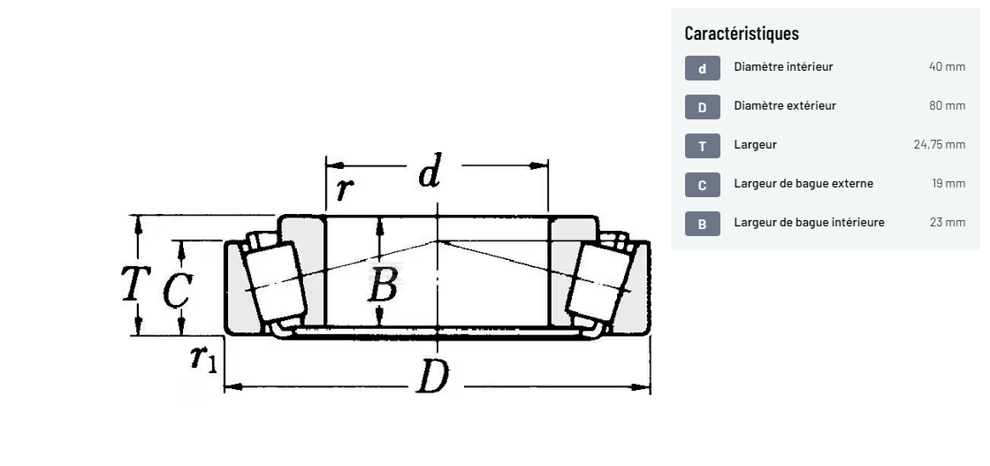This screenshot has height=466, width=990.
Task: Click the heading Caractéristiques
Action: coord(742,33)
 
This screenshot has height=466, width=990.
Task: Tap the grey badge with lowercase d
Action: coord(702,68)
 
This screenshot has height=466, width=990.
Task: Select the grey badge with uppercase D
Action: coord(702,107)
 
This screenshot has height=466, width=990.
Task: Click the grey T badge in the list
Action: coord(702,147)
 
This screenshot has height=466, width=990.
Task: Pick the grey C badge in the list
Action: coord(702,185)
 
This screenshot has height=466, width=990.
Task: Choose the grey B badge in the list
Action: coord(702,225)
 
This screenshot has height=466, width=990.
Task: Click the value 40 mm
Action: coord(947,66)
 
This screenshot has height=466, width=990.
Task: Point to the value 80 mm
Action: coord(947,105)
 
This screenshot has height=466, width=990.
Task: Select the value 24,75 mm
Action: coord(940,145)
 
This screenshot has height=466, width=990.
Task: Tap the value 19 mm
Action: coord(948,184)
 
